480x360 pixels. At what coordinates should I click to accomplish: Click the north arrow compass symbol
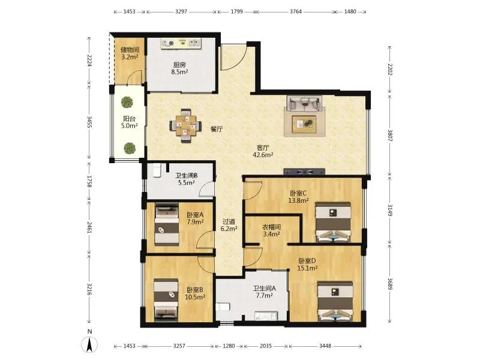click(x=89, y=345)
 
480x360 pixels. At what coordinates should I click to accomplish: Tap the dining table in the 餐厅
click(x=185, y=125)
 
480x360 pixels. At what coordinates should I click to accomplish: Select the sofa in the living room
click(x=304, y=104)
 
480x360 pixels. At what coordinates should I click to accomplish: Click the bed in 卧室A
click(x=167, y=224)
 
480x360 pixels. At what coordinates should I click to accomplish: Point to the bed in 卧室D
click(x=335, y=301)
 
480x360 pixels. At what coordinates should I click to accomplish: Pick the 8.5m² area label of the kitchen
click(x=179, y=72)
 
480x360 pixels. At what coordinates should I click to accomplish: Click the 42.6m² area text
click(x=263, y=155)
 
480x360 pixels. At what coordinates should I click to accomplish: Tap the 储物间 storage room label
click(x=130, y=50)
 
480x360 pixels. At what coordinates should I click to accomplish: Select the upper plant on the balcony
click(x=127, y=102)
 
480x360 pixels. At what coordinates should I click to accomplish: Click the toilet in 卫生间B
click(x=157, y=170)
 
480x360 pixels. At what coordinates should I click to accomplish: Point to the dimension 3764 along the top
click(x=295, y=11)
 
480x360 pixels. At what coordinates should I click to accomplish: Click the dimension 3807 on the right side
click(x=390, y=135)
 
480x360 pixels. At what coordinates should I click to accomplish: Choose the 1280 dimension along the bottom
click(x=229, y=346)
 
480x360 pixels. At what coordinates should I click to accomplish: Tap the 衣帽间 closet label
click(x=272, y=227)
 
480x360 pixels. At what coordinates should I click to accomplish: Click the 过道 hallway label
click(x=229, y=221)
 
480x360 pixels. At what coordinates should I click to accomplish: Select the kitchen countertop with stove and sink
click(x=181, y=43)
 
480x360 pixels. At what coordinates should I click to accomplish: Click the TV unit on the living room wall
click(x=304, y=172)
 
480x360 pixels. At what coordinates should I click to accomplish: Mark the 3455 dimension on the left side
click(x=89, y=122)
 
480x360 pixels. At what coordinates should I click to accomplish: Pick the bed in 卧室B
click(x=166, y=300)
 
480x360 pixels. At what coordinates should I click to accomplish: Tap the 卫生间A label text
click(x=265, y=289)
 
